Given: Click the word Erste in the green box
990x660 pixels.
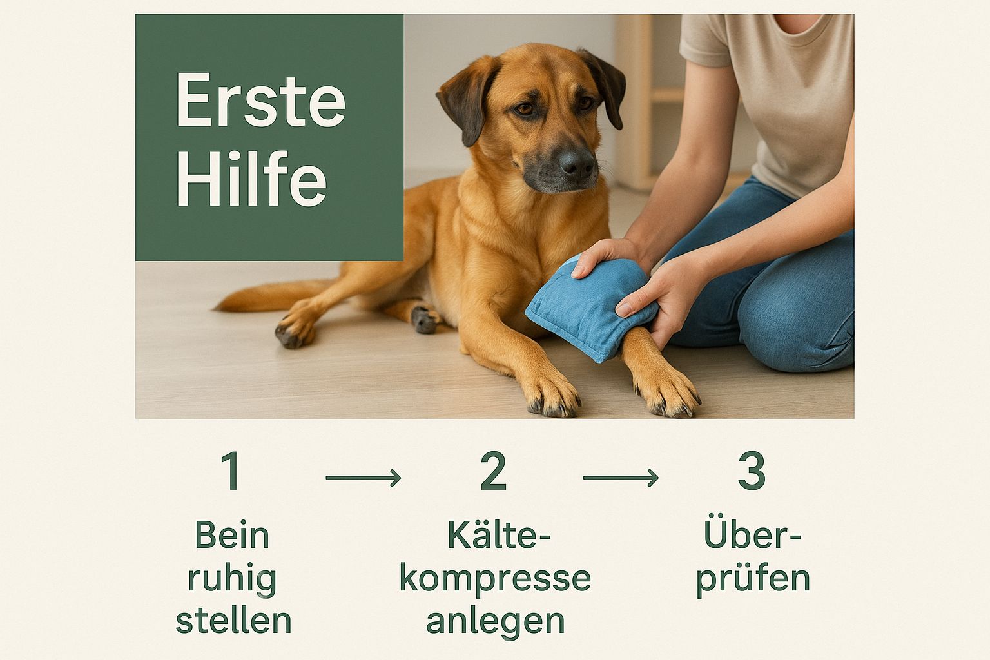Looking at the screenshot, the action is pos(261,99).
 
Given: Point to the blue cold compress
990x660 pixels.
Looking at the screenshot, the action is pos(590,307).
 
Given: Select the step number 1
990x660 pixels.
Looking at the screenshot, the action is pos(231,471).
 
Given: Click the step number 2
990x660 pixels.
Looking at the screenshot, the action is pos(493,471).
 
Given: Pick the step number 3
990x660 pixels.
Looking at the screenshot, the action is pos(752,471).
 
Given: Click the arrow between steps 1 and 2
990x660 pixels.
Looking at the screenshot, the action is pos(364,478).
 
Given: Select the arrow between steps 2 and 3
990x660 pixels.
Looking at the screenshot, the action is pos(621,478).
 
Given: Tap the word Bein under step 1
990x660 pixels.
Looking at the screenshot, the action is pos(232,535).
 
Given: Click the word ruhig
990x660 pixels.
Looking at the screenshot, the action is pos(232,580).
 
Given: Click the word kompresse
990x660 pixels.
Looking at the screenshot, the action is pos(495,579).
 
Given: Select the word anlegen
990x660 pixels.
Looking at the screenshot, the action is pos(495,621).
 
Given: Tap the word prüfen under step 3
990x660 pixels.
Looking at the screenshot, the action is pos(753,580).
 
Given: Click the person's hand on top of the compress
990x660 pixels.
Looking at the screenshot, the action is pos(605,257).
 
